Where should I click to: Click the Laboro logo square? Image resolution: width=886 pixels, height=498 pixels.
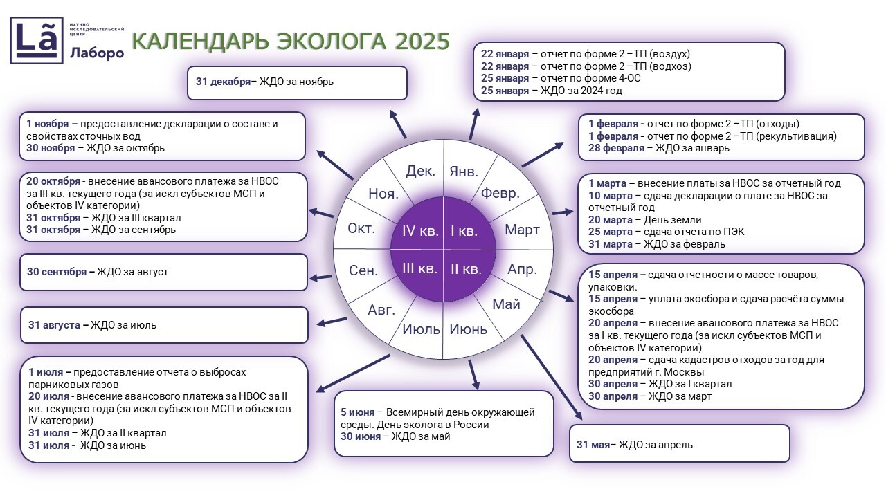click(x=36, y=40)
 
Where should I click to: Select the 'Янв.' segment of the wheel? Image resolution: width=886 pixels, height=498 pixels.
click(x=463, y=171)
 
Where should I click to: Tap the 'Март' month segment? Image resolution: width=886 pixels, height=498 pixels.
click(x=522, y=230)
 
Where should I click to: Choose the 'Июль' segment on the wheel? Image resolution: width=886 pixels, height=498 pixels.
click(x=421, y=329)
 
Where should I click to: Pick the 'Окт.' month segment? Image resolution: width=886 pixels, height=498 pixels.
click(x=361, y=228)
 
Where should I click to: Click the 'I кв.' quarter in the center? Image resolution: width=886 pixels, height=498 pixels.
click(x=464, y=231)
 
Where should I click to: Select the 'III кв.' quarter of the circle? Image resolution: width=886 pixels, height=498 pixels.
click(x=419, y=268)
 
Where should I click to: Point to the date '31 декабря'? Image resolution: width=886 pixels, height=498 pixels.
click(x=223, y=82)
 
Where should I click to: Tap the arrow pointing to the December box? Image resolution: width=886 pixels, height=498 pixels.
click(x=398, y=124)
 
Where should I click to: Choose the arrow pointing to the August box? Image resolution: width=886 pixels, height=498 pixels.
click(x=332, y=321)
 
